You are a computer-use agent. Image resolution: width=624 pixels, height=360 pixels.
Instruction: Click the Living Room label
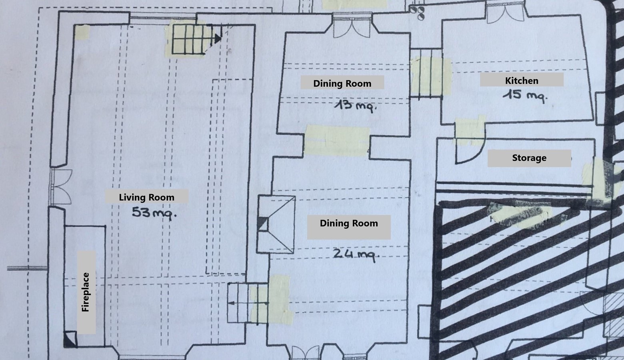(x=146, y=197)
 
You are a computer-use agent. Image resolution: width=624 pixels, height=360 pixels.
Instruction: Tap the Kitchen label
(x=522, y=80)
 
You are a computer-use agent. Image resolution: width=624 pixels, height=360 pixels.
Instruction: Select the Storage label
(x=529, y=158)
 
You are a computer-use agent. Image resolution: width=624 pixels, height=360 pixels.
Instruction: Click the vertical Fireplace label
(x=86, y=292)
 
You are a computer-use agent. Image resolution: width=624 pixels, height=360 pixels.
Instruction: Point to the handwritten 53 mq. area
(x=154, y=213)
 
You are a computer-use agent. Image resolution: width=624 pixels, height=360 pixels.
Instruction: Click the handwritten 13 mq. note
(x=356, y=106)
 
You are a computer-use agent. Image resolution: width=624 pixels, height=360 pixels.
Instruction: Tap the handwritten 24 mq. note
(x=356, y=255)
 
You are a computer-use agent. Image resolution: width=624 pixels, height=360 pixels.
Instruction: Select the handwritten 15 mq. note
(x=525, y=95)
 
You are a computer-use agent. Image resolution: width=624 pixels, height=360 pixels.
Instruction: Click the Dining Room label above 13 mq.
(x=342, y=83)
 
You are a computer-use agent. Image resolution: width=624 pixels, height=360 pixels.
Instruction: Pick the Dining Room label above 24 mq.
(x=349, y=223)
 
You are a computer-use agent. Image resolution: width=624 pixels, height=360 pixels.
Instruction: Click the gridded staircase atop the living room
(x=193, y=39)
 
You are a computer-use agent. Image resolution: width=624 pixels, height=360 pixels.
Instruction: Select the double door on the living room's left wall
(x=60, y=186)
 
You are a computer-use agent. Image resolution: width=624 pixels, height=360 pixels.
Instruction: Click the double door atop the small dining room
(x=352, y=27)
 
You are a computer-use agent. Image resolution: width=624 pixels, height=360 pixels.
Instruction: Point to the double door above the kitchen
(x=505, y=12)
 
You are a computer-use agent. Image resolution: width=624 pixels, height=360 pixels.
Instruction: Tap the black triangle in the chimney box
(x=263, y=224)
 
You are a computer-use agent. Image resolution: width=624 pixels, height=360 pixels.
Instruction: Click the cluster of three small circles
(x=417, y=13)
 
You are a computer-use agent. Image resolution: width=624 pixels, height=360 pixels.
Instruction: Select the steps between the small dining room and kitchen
(x=426, y=73)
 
